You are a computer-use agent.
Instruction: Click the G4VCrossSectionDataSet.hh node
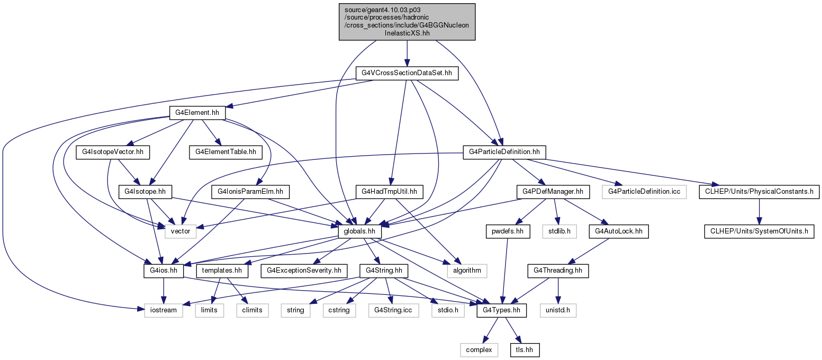[x=407, y=73]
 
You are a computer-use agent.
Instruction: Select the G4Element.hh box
[x=197, y=113]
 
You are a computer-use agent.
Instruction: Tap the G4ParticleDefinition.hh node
[x=504, y=152]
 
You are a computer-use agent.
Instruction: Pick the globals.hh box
[x=359, y=231]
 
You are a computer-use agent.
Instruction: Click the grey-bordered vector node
[x=180, y=231]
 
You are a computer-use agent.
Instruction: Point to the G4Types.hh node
[x=501, y=310]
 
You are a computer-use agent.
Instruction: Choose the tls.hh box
[x=525, y=350]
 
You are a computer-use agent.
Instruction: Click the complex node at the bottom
[x=479, y=350]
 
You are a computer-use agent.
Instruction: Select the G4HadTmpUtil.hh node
[x=389, y=192]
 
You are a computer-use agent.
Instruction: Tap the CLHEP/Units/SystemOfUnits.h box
[x=759, y=231]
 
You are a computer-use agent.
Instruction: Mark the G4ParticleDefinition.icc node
[x=644, y=192]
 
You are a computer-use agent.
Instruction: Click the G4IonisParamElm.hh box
[x=250, y=192]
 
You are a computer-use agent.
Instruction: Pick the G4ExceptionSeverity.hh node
[x=304, y=271]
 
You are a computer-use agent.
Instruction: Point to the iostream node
[x=164, y=310]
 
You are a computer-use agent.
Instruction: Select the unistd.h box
[x=558, y=310]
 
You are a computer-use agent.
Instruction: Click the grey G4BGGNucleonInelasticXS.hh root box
[x=407, y=22]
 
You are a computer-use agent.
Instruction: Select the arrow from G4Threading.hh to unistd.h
[x=558, y=291]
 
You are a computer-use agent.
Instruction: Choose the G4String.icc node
[x=393, y=310]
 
